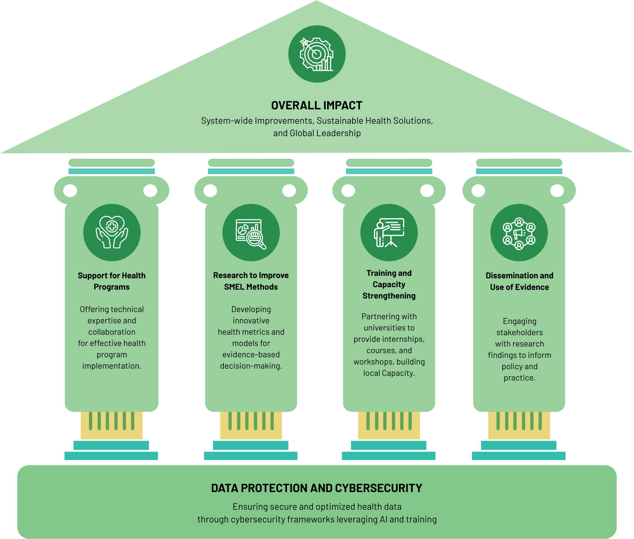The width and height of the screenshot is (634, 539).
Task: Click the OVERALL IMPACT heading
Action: coord(316,105)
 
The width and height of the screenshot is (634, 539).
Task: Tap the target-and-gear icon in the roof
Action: coord(317,54)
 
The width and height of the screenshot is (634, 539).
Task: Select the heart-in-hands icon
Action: coord(112,232)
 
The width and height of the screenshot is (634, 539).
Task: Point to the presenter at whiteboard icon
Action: coord(389,232)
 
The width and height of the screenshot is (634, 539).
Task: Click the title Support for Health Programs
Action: coord(112,281)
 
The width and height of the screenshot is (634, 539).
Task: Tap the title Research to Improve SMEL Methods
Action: coord(251,281)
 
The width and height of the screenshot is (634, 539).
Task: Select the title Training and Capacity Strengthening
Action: coord(389,284)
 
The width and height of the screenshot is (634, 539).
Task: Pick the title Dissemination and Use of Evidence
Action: coord(519,281)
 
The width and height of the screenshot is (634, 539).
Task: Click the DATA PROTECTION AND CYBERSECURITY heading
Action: coord(316,488)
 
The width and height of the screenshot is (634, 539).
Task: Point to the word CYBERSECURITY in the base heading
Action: coord(379,488)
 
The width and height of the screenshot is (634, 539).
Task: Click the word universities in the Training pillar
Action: coord(389,328)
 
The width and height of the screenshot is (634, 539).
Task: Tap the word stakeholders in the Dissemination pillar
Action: coord(519,332)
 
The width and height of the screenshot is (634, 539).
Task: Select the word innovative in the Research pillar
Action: coord(251,321)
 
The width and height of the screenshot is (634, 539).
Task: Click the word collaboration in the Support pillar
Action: coord(112,332)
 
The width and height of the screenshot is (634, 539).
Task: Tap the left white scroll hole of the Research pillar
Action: coord(210,191)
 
